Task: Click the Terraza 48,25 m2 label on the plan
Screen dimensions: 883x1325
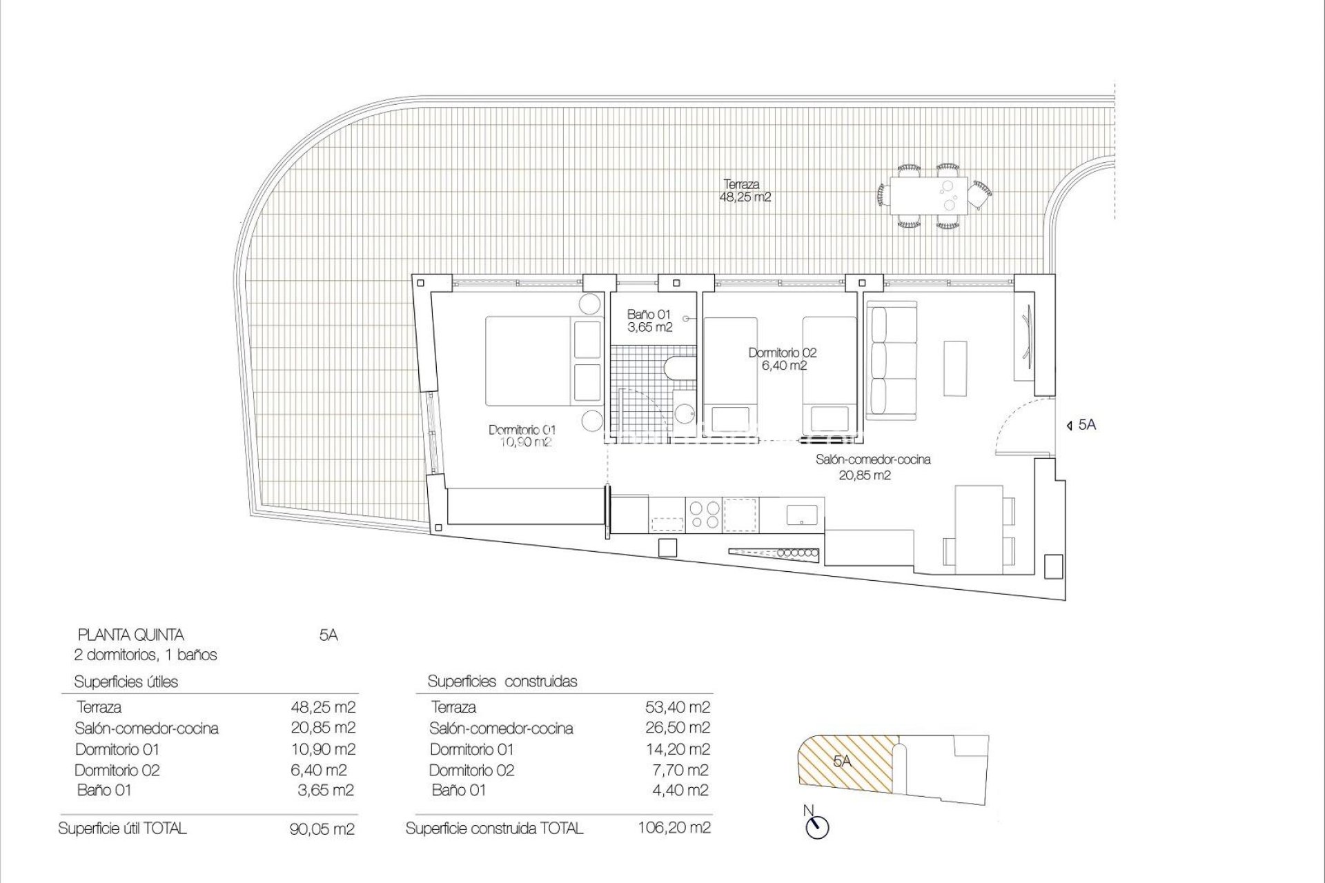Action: click(x=745, y=190)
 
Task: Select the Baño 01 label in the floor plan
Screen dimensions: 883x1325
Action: click(x=649, y=321)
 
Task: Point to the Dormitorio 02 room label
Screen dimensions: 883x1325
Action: click(x=783, y=359)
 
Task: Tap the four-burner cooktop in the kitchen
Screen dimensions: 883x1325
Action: click(x=703, y=513)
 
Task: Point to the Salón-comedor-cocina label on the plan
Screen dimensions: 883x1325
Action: click(x=872, y=466)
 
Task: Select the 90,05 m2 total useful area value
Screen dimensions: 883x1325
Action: click(x=322, y=829)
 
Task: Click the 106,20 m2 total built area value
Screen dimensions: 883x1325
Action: click(x=674, y=827)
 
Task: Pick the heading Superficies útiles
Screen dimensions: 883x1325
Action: click(x=126, y=682)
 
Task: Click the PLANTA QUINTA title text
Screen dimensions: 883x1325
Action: click(x=131, y=635)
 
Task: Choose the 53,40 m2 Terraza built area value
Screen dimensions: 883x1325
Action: click(x=676, y=707)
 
